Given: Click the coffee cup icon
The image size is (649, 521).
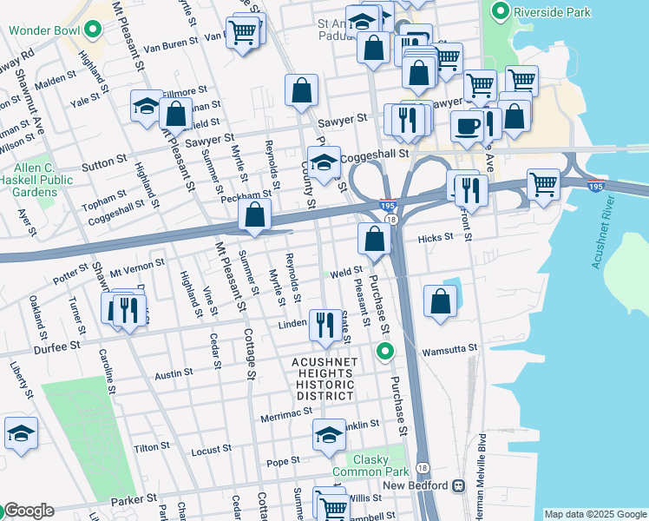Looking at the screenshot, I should point(468,125).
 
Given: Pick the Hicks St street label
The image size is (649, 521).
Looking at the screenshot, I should point(436,237).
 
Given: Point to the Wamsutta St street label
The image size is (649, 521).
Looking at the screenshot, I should point(449,349).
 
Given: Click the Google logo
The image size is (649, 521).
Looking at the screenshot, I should point(28,511).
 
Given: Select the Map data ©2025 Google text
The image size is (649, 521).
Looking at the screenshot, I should point(595,514).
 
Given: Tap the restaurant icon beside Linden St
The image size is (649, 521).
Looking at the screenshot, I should point(324,325).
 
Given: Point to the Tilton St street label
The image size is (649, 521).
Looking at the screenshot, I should point(151,446).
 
